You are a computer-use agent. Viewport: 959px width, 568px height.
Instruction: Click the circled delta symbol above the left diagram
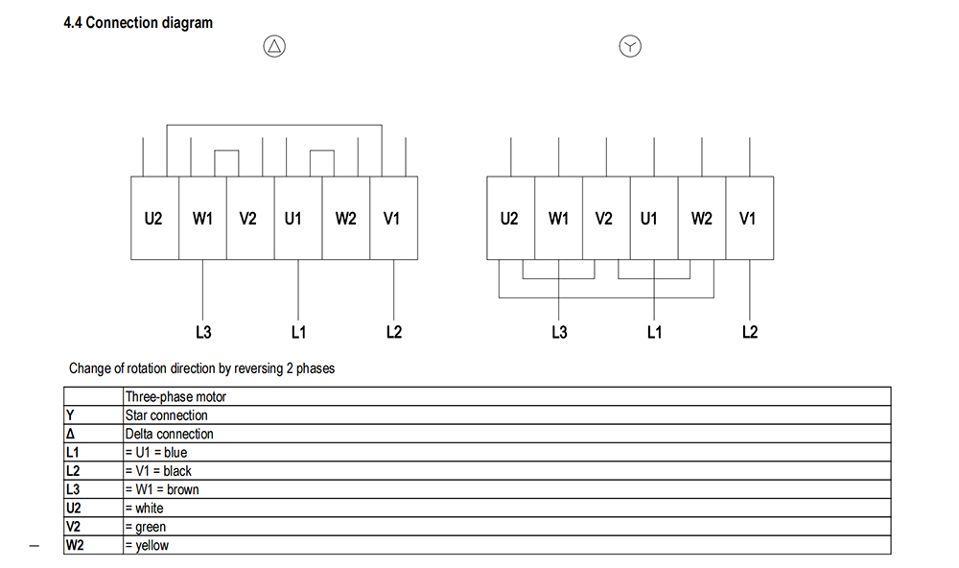[x=275, y=46]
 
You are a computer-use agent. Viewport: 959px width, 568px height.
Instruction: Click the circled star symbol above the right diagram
[x=629, y=46]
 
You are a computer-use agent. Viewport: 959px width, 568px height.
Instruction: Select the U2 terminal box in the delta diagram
[x=153, y=218]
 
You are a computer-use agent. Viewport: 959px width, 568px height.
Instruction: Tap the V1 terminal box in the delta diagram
[x=392, y=218]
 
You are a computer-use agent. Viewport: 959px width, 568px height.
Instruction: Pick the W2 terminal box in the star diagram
[x=701, y=218]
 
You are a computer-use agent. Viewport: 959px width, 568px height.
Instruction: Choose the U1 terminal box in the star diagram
[x=653, y=218]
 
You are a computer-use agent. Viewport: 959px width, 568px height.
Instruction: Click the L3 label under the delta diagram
[x=202, y=332]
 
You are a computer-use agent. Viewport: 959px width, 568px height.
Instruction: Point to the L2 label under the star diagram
[x=750, y=332]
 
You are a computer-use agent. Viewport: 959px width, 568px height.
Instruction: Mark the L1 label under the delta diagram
[x=298, y=332]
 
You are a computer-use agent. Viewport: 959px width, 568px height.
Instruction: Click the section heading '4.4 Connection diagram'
[x=138, y=22]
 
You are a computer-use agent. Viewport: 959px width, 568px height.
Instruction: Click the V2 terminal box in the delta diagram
[x=248, y=218]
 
